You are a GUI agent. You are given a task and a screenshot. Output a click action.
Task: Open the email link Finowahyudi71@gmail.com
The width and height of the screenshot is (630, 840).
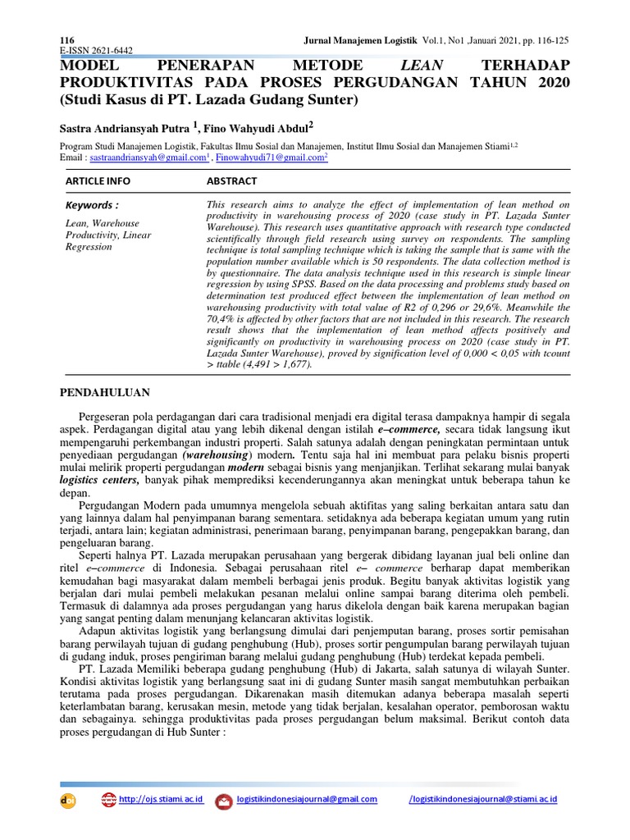[x=269, y=156]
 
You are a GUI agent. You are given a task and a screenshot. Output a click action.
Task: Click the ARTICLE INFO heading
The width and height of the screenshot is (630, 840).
[x=98, y=180]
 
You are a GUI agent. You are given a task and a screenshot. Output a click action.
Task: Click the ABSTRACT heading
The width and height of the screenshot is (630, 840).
[x=231, y=180]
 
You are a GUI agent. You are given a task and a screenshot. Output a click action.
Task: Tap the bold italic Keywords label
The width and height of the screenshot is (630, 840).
[x=91, y=205]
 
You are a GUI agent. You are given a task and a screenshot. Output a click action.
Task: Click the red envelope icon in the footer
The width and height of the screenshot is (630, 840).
[x=223, y=801]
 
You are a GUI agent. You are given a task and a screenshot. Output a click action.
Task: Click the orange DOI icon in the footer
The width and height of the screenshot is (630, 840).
[x=68, y=801]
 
